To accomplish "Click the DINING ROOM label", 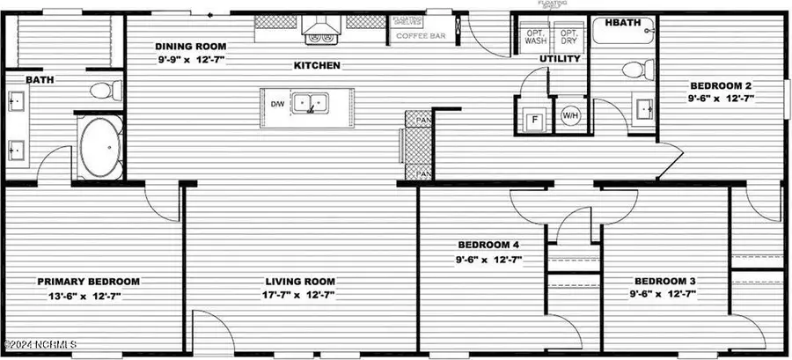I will click(x=191, y=46).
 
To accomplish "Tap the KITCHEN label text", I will click(x=317, y=65).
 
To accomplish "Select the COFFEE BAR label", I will click(x=418, y=36).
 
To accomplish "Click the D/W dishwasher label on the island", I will click(x=277, y=105).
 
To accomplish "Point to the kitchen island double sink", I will click(x=309, y=104).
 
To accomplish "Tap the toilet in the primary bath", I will click(x=103, y=90).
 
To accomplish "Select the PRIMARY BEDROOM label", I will click(x=88, y=282).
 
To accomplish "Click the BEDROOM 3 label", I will click(x=664, y=279).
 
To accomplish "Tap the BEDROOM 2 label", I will click(x=720, y=85).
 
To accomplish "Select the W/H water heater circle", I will click(x=570, y=115).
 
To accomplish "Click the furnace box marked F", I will click(x=533, y=121).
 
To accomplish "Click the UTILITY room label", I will click(x=560, y=59).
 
